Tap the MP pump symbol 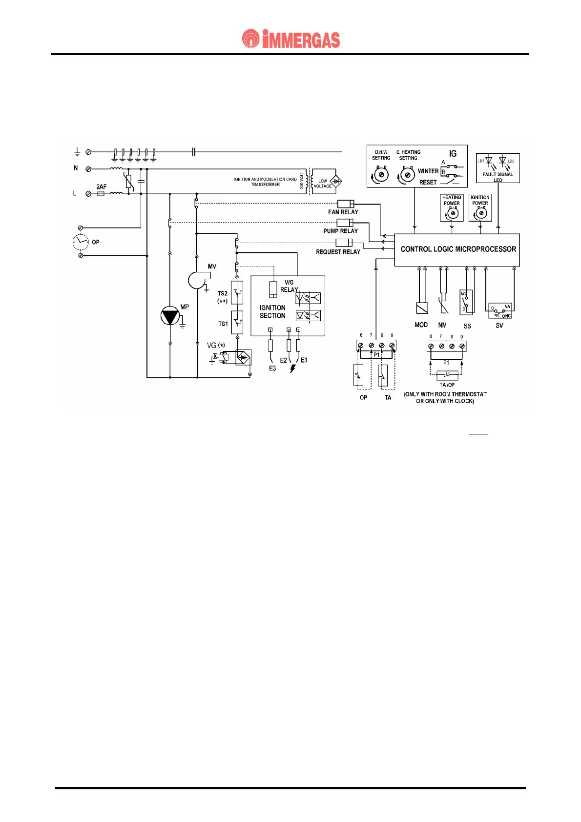(x=170, y=316)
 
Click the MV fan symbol (x=198, y=280)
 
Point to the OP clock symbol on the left (x=81, y=242)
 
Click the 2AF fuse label (x=102, y=186)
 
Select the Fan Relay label (x=343, y=212)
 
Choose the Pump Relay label (x=340, y=231)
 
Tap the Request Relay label (x=338, y=252)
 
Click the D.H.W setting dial (x=381, y=174)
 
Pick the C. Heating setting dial (x=407, y=174)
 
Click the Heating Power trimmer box (x=452, y=208)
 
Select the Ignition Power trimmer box (x=480, y=208)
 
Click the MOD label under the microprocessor (x=421, y=325)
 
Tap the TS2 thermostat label (x=223, y=293)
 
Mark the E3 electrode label (x=272, y=369)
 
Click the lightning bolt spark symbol (x=293, y=369)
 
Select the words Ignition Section (x=272, y=311)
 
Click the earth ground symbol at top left (x=77, y=152)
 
